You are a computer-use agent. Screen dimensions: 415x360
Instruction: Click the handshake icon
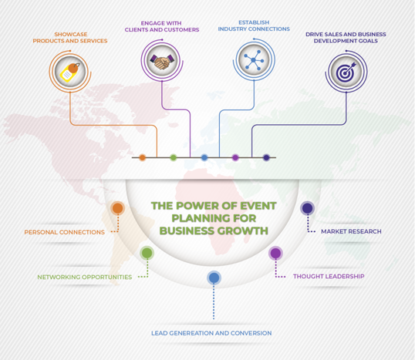(162, 62)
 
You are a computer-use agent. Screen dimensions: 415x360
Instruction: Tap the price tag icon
(70, 72)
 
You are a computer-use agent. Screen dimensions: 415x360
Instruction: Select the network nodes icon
(254, 60)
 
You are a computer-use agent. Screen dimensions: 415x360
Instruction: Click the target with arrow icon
(346, 72)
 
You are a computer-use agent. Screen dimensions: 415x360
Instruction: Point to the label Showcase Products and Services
(70, 38)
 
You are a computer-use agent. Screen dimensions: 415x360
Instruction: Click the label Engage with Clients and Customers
(162, 26)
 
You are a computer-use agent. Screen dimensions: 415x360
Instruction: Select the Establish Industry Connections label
(254, 25)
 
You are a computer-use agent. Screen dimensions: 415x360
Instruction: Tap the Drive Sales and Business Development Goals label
(346, 38)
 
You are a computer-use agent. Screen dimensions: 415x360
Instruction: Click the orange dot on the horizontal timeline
(143, 158)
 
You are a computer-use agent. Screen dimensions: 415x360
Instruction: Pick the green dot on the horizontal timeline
(174, 158)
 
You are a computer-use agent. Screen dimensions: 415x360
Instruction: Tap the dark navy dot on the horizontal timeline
(266, 158)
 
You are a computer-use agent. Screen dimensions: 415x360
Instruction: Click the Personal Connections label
(65, 232)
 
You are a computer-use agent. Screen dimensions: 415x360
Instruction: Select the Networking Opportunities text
(84, 277)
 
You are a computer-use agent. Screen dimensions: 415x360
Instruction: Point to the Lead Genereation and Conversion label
(211, 333)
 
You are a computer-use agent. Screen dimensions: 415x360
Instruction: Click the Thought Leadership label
(329, 276)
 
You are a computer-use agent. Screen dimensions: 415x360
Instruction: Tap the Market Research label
(351, 231)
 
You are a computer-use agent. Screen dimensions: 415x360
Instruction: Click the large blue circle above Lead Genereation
(214, 278)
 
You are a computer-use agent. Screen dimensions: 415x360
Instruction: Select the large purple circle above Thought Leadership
(275, 253)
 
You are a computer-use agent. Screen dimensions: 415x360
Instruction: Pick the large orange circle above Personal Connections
(118, 208)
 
